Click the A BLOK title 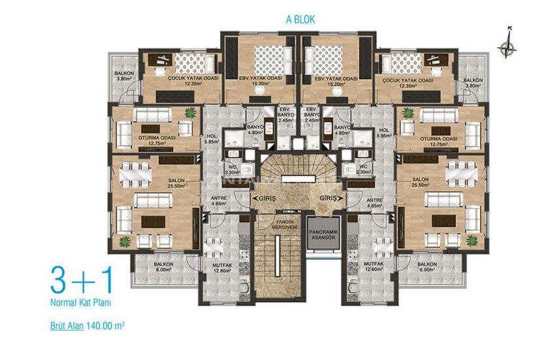coord(300,20)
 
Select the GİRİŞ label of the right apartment coord(332,196)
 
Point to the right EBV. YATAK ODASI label coord(336,81)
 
